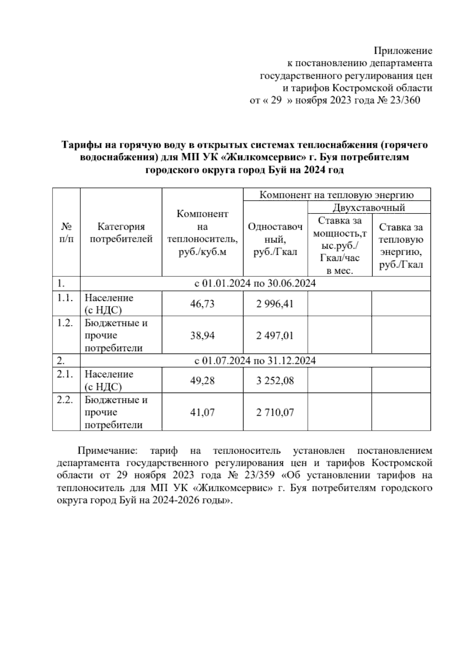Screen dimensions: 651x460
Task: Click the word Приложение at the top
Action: pyautogui.click(x=403, y=51)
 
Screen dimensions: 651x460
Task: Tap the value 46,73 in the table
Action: pyautogui.click(x=202, y=304)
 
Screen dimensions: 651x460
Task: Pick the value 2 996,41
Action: pyautogui.click(x=275, y=304)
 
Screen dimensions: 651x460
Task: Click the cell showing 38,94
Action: pyautogui.click(x=202, y=335)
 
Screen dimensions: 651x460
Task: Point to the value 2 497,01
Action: pyautogui.click(x=275, y=335)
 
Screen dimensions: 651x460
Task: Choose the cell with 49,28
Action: pyautogui.click(x=202, y=381)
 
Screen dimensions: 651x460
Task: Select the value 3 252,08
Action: pyautogui.click(x=275, y=381)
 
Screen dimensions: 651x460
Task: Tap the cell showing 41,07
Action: pyautogui.click(x=202, y=412)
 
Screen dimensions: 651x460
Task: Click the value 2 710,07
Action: pyautogui.click(x=275, y=412)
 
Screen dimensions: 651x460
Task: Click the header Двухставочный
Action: pyautogui.click(x=369, y=208)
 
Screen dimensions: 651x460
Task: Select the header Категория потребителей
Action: pyautogui.click(x=121, y=233)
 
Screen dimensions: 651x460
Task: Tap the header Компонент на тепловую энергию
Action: pyautogui.click(x=337, y=195)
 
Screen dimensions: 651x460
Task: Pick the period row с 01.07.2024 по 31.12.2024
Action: pyautogui.click(x=255, y=361)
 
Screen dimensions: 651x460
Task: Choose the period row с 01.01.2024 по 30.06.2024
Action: pyautogui.click(x=255, y=284)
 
